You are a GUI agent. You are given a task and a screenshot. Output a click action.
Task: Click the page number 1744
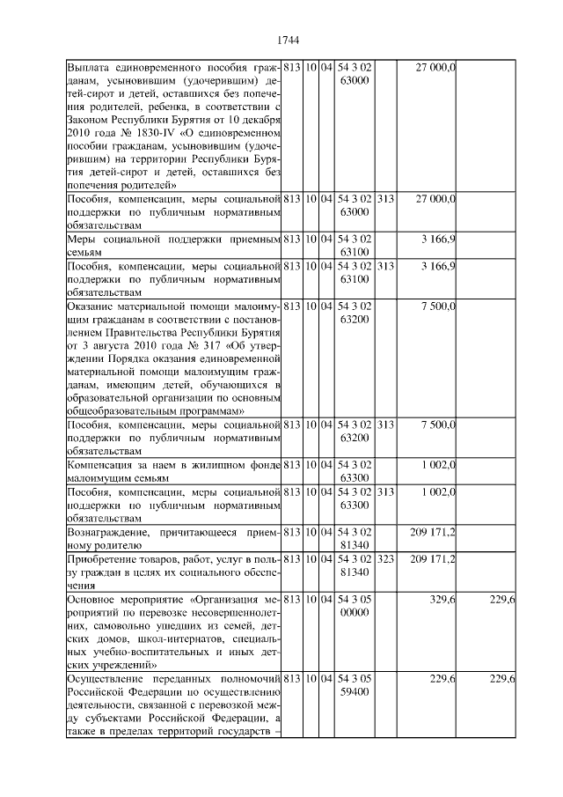click(289, 40)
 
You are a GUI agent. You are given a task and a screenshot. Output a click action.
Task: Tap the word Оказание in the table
click(92, 305)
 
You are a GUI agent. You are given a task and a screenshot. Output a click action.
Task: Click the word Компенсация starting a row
click(104, 464)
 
